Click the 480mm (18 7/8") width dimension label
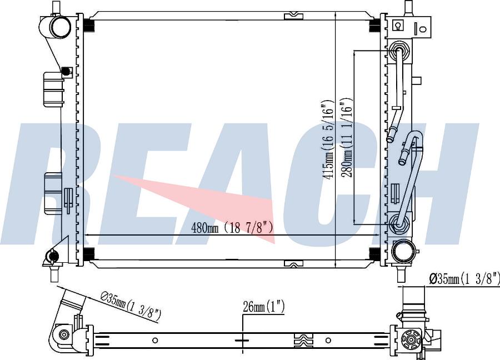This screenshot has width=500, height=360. point(232,228)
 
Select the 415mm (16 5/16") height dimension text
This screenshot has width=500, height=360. point(329,139)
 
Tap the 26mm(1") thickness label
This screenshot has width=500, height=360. point(263,307)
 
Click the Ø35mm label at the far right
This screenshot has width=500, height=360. point(464,279)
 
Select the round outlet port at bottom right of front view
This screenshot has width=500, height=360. point(404,251)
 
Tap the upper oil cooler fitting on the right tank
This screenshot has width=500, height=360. point(398,51)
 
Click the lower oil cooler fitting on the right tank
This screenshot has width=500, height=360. point(398,223)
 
